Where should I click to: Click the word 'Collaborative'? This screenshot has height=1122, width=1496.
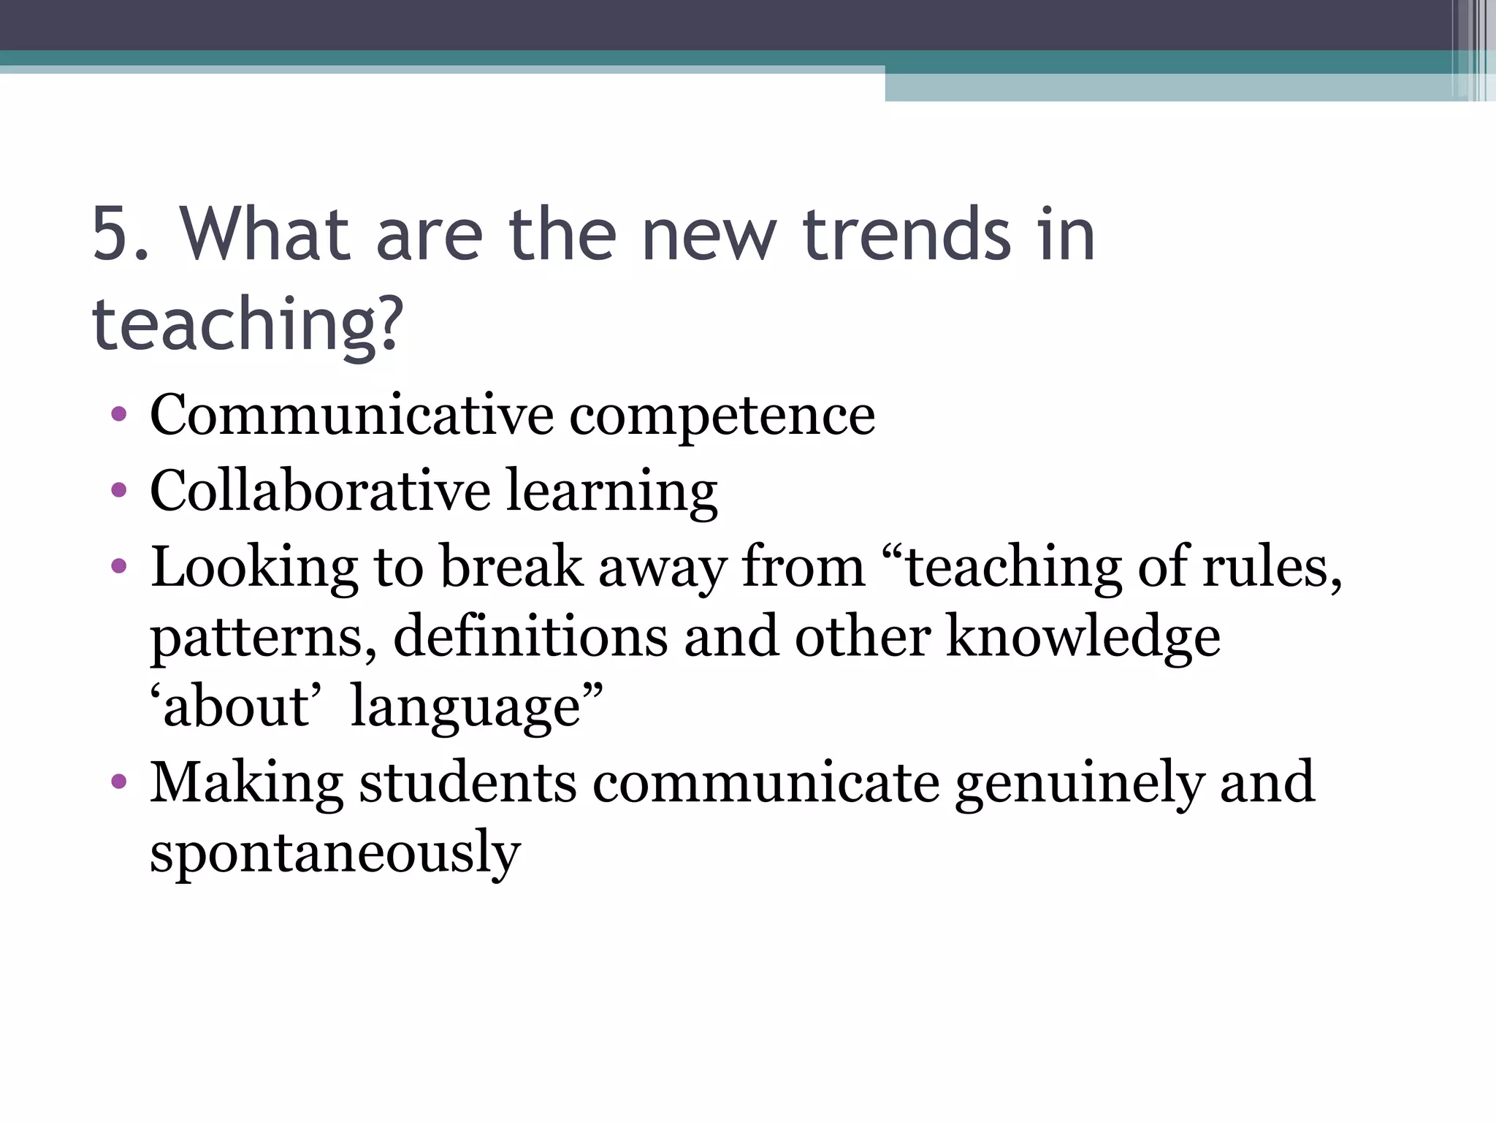click(x=320, y=490)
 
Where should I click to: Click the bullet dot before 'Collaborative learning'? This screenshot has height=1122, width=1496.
click(x=119, y=491)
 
